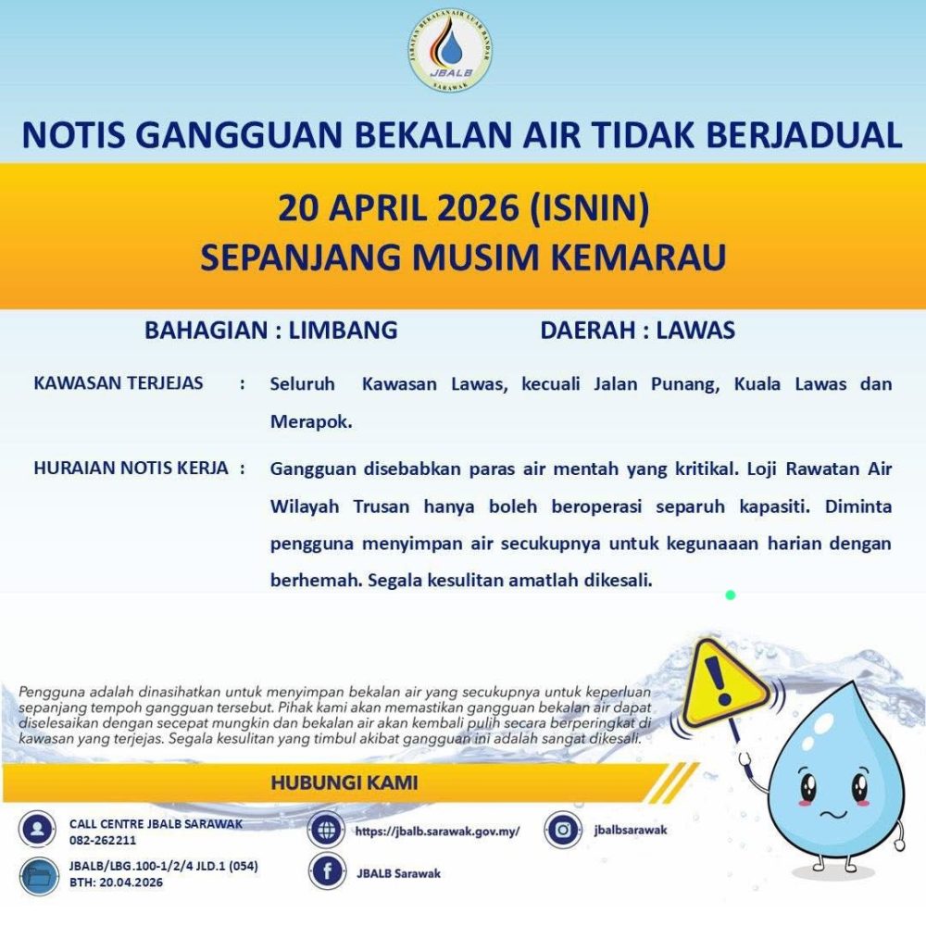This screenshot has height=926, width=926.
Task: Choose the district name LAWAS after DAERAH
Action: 695,331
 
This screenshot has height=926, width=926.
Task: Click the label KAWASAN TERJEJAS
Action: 118,382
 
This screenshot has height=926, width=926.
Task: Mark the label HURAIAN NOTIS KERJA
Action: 131,468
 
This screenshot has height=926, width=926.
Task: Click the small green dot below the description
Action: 731,594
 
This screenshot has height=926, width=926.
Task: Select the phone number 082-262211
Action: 103,841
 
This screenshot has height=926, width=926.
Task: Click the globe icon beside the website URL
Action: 326,831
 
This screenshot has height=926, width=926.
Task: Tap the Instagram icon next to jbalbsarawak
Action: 562,830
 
